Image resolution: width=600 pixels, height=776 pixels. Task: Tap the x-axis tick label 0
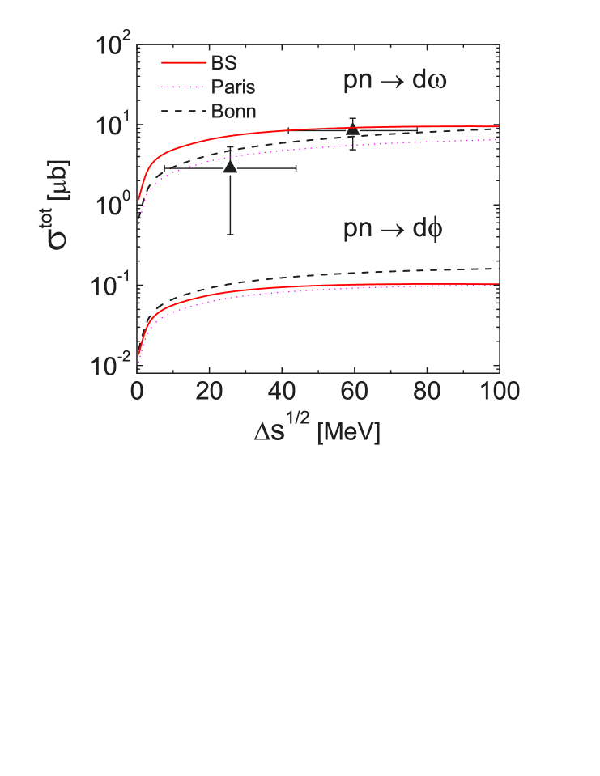(137, 392)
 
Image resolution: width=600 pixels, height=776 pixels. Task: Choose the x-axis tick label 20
(209, 392)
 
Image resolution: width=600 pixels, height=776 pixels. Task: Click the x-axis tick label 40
(282, 392)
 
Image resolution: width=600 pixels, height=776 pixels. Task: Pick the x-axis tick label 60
(354, 392)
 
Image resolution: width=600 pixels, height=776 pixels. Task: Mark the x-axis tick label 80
(426, 392)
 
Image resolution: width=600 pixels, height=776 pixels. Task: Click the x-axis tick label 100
(496, 392)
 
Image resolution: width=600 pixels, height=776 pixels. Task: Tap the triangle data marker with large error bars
(230, 167)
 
